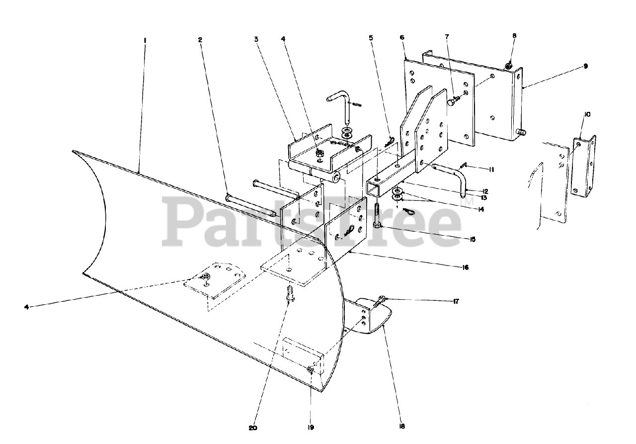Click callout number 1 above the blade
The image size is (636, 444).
tap(145, 40)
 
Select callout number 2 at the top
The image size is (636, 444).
tap(200, 40)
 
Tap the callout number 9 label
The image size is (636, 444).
tap(586, 66)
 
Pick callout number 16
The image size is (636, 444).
tap(465, 267)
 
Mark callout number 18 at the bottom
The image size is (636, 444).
tap(401, 426)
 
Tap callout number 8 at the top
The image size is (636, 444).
tap(514, 36)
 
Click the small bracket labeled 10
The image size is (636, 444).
tap(583, 167)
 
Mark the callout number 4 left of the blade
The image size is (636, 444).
tap(26, 306)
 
